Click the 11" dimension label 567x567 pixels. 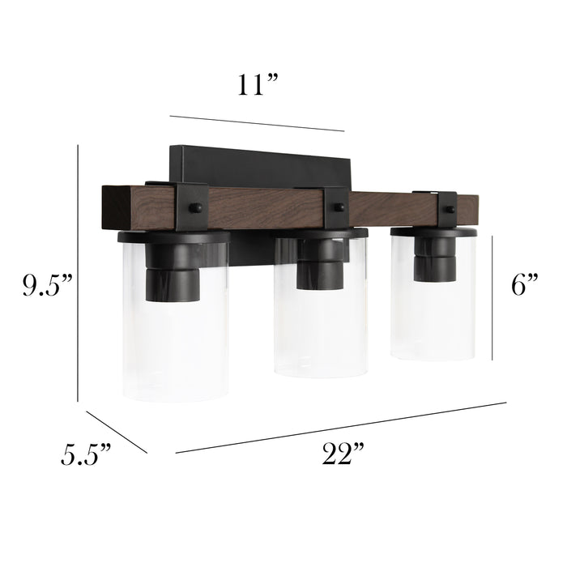point(258,86)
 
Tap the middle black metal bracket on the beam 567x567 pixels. point(335,207)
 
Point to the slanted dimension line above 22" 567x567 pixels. point(340,427)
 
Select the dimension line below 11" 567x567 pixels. point(257,122)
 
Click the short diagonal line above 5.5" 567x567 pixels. point(117,432)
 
